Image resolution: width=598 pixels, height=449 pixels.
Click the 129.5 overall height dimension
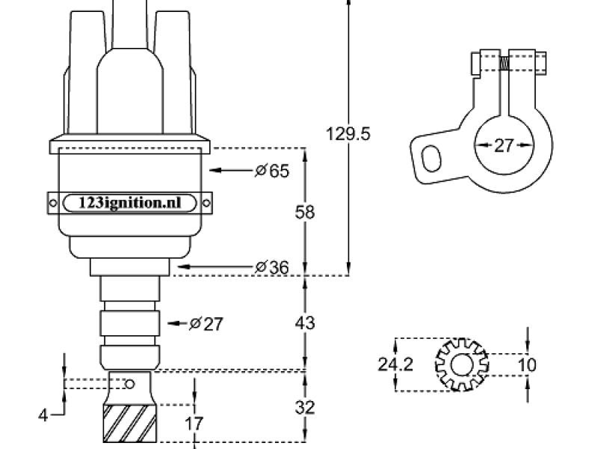tap(348, 134)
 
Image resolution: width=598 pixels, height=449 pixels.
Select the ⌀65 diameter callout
tap(272, 171)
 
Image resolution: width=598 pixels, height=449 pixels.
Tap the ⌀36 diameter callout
tap(272, 267)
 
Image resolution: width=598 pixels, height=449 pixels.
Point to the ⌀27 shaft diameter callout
tap(206, 324)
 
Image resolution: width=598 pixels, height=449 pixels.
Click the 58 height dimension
tap(305, 213)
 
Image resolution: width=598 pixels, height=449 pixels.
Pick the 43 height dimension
tap(305, 323)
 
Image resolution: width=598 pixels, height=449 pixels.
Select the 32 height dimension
tap(305, 408)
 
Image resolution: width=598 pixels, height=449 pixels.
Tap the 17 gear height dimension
tap(194, 424)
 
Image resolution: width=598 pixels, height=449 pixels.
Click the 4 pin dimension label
tap(43, 415)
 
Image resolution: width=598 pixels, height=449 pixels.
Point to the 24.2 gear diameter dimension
tap(395, 364)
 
